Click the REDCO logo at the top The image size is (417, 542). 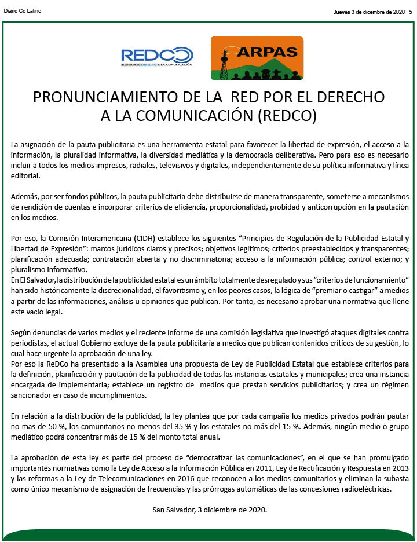[157, 57]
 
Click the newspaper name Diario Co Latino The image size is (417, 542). [23, 11]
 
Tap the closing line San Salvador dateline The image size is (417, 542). [209, 510]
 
